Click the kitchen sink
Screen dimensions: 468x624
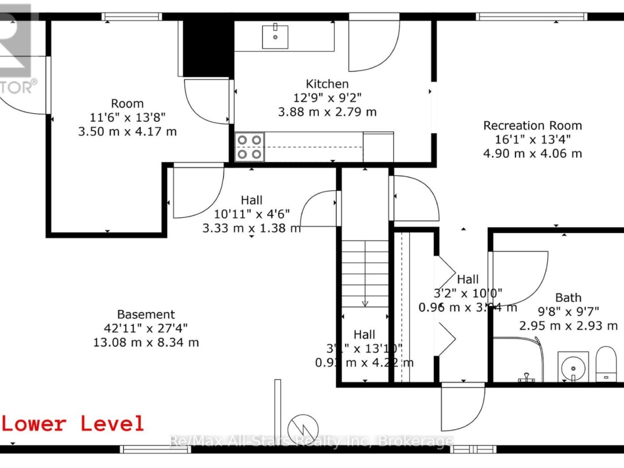pyautogui.click(x=276, y=36)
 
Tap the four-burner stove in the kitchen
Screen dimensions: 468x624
pyautogui.click(x=250, y=146)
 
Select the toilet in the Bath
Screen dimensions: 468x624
pyautogui.click(x=606, y=364)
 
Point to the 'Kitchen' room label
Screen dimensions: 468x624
pyautogui.click(x=327, y=84)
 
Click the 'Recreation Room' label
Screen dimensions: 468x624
pyautogui.click(x=532, y=125)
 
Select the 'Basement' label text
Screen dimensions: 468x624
pyautogui.click(x=146, y=314)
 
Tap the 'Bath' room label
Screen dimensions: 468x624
pyautogui.click(x=568, y=298)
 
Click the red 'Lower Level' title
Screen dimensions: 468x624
pyautogui.click(x=73, y=424)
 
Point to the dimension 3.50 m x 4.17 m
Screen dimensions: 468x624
pyautogui.click(x=127, y=131)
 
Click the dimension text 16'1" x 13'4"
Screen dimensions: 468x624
pyautogui.click(x=532, y=139)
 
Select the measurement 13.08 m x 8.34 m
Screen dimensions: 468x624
pyautogui.click(x=146, y=342)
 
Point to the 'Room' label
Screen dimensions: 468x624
pyautogui.click(x=127, y=103)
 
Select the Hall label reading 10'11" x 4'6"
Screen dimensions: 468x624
pyautogui.click(x=251, y=214)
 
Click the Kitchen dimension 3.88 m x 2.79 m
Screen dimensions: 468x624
pyautogui.click(x=327, y=112)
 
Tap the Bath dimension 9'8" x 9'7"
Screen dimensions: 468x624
pyautogui.click(x=568, y=311)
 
